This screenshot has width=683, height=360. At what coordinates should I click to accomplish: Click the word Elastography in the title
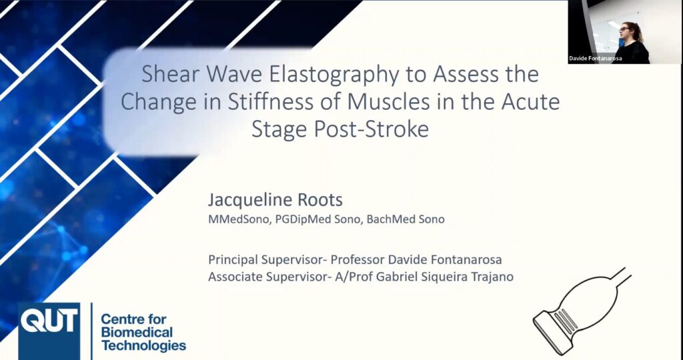(333, 75)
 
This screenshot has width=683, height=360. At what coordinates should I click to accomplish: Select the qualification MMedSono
(240, 219)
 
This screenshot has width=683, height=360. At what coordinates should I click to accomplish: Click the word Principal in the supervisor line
(233, 260)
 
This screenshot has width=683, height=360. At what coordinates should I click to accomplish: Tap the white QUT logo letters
(49, 320)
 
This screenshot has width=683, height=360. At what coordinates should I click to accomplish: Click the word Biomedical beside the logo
(137, 333)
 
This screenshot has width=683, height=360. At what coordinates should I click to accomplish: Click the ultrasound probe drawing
(582, 311)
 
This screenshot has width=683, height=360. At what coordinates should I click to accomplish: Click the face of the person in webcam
(626, 32)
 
